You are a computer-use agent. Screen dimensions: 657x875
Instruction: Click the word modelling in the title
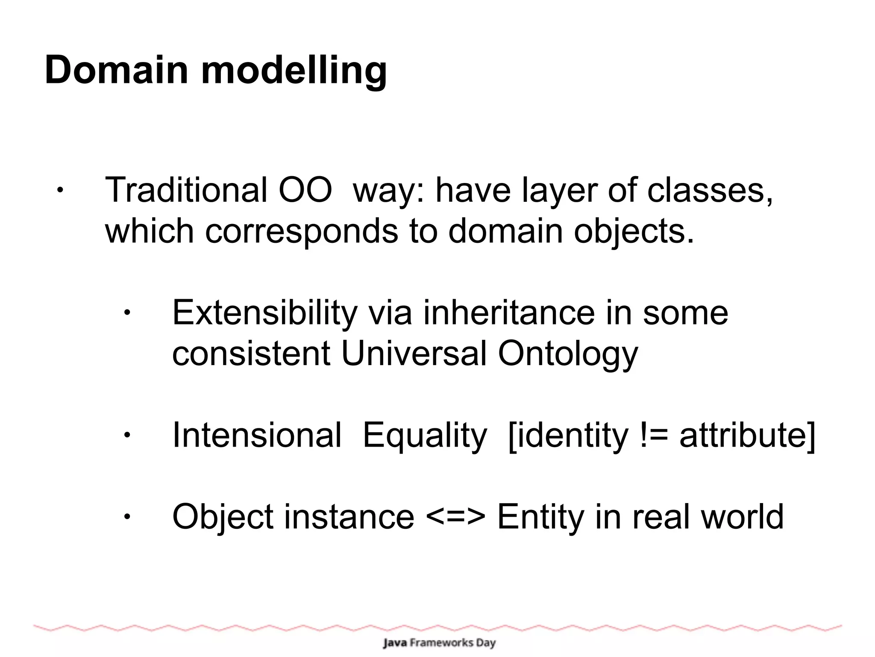coord(294,71)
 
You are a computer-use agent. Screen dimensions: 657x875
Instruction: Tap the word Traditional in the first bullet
coord(186,190)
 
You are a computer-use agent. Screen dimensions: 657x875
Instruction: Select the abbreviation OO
coord(305,190)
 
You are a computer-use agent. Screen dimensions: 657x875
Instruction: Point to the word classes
coord(709,190)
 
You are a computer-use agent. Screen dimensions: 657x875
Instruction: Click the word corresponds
coord(301,232)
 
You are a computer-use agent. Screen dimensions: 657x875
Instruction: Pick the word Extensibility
coord(264,313)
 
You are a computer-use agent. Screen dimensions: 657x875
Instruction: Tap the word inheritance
coord(509,313)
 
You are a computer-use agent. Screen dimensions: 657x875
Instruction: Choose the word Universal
coord(414,354)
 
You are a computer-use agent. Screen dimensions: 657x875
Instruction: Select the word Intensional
coord(257,435)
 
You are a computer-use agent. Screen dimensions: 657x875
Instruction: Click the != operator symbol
coord(654,435)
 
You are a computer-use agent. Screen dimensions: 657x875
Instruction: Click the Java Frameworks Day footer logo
coord(439,642)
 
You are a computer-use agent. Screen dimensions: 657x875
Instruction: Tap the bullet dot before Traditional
coord(60,191)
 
